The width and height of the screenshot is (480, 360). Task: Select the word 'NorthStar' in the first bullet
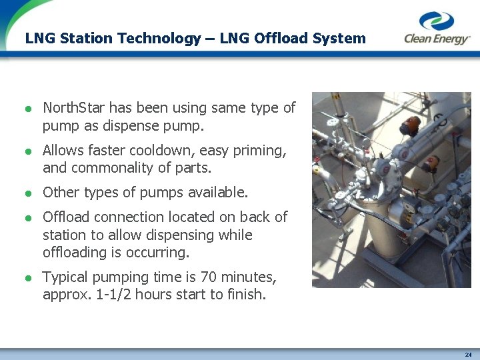click(73, 108)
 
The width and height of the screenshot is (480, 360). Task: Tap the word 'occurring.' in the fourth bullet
click(159, 252)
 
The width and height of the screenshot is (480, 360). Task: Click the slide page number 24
click(468, 354)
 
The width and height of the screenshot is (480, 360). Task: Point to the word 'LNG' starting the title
click(40, 38)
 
